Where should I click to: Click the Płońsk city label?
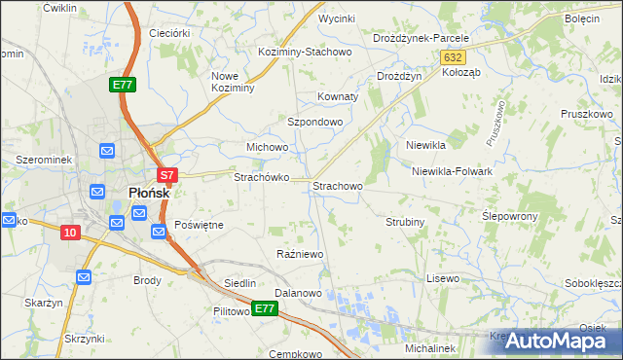click(x=149, y=193)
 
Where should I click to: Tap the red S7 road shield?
click(x=167, y=176)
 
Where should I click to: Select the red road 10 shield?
click(x=69, y=232)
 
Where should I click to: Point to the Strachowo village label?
click(x=338, y=185)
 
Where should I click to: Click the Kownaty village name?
click(x=339, y=97)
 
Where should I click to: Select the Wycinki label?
click(x=336, y=18)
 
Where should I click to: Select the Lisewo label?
click(x=442, y=278)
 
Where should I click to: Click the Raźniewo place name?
click(x=300, y=254)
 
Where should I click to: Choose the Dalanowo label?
click(x=298, y=293)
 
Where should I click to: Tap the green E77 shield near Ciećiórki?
click(x=123, y=86)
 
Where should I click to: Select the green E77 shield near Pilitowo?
click(x=265, y=308)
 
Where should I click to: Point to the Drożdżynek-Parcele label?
click(x=421, y=38)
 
